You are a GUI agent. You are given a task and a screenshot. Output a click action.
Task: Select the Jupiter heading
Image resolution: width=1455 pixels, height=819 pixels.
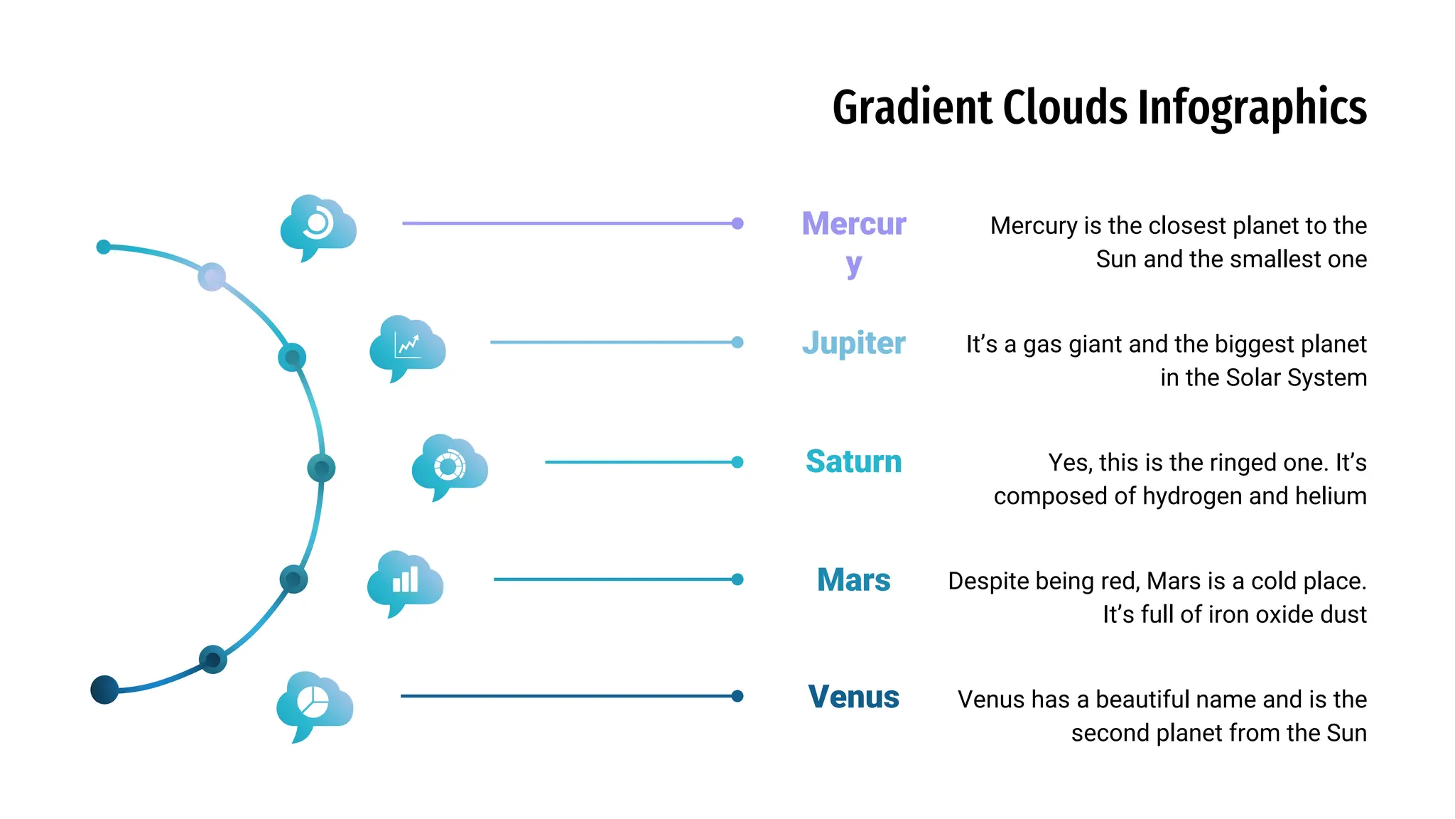pos(853,343)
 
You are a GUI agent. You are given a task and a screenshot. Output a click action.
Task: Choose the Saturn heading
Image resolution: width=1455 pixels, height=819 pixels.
pos(853,461)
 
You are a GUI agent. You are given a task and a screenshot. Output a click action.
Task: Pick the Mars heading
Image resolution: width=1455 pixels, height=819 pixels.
pos(853,580)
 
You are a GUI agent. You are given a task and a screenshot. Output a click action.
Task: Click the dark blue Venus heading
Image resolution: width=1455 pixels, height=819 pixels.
pos(853,697)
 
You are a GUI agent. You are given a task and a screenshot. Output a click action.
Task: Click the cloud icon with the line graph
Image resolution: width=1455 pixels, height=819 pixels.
pos(407,347)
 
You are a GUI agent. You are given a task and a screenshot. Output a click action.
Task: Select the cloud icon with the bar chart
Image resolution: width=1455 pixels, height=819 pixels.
pos(405,582)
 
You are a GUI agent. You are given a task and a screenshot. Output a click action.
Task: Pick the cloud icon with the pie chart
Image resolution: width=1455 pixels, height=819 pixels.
pos(314,704)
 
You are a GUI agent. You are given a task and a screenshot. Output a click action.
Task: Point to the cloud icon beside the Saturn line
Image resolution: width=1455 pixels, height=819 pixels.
pos(449,466)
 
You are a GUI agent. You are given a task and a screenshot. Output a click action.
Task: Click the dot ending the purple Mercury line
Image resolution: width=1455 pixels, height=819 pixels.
pos(737,223)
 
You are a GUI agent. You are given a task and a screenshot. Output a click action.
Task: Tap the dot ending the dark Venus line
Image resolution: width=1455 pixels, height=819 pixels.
pos(737,696)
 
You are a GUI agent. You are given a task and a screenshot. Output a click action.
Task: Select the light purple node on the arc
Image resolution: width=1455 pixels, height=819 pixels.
pos(212,277)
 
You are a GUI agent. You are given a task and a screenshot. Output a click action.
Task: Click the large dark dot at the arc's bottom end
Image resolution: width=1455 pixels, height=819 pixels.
pos(104,690)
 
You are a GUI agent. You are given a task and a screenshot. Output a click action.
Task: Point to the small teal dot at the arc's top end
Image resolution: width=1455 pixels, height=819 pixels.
pos(104,247)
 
